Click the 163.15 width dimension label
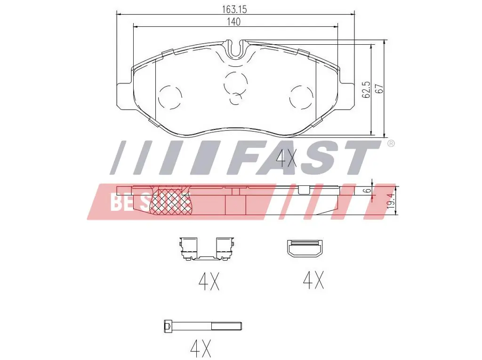point(234,9)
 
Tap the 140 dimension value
point(233,22)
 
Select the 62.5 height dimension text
point(366,90)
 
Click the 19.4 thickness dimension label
point(390,201)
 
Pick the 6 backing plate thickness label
point(367,191)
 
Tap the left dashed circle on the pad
point(170,97)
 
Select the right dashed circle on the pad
point(302,97)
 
